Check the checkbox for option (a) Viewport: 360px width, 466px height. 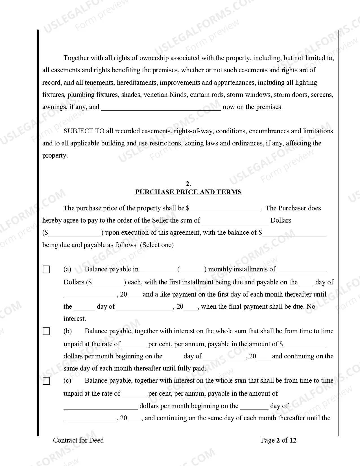point(46,269)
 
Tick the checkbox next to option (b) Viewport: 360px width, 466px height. point(46,331)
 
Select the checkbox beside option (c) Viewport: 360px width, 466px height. point(46,381)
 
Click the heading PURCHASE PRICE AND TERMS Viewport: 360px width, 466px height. point(188,192)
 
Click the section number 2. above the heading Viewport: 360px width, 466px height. point(188,184)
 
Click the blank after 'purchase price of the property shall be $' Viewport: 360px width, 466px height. point(225,209)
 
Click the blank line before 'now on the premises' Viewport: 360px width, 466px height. point(161,108)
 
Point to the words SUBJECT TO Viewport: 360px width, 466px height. point(84,131)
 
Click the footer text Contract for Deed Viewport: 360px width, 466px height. point(78,440)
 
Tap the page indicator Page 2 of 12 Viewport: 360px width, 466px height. point(278,440)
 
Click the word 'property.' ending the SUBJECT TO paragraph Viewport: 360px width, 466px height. point(55,156)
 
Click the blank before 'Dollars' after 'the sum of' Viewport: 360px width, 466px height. point(235,221)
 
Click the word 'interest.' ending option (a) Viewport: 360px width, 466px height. point(75,319)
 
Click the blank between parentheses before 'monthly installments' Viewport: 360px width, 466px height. point(193,270)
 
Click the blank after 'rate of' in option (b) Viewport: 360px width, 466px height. point(134,345)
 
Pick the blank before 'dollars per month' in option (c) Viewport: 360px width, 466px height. point(101,407)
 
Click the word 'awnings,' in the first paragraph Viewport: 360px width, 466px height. point(55,107)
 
